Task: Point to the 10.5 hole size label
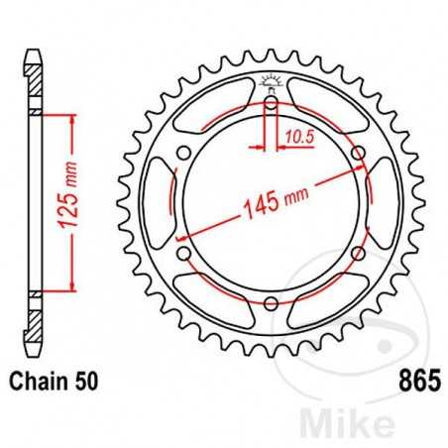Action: pyautogui.click(x=296, y=136)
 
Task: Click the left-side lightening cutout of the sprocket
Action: pyautogui.click(x=159, y=202)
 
